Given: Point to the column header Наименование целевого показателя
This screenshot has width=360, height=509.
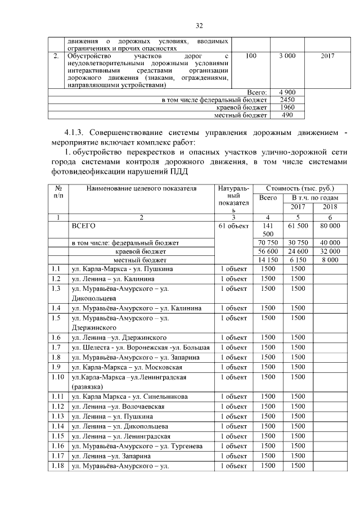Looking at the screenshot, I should click(141, 188).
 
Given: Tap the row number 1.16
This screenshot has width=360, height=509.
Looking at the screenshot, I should click(57, 446).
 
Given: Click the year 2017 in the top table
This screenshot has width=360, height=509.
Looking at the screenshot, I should click(326, 56).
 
